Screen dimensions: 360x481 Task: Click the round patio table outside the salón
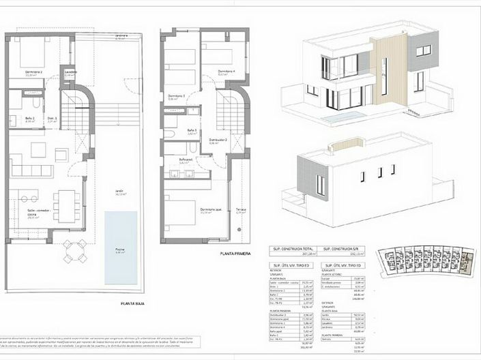(x=73, y=250)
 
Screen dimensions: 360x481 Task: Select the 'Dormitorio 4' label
(x=227, y=72)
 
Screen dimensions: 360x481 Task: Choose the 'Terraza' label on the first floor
(x=241, y=209)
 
